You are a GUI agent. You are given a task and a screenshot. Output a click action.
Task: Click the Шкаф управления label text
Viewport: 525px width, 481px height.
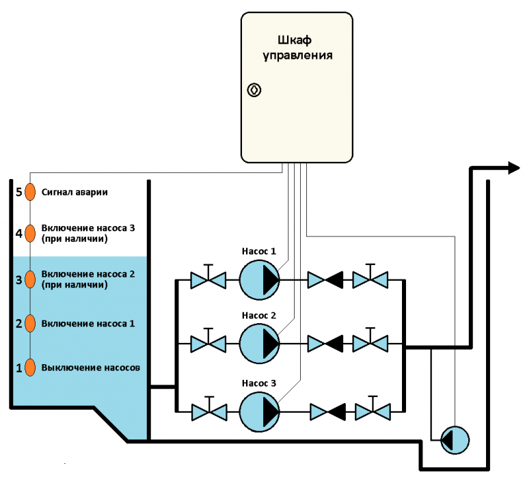tap(299, 47)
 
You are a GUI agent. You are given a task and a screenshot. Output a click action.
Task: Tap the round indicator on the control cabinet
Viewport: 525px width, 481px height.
tap(254, 90)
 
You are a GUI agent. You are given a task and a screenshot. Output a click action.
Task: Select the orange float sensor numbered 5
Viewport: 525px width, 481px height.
tap(30, 192)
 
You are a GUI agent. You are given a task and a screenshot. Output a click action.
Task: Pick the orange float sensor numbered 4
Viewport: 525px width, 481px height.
tap(30, 234)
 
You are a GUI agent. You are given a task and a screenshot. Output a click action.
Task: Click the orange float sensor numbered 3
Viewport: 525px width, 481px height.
tap(30, 279)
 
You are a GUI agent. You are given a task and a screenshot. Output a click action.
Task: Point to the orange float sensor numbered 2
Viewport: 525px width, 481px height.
tap(30, 323)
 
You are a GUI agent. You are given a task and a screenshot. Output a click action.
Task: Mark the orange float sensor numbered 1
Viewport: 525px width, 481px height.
tap(30, 367)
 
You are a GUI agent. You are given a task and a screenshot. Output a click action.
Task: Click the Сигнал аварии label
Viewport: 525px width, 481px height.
tap(75, 192)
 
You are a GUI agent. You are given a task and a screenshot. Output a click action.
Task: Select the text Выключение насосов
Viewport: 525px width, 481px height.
tap(91, 367)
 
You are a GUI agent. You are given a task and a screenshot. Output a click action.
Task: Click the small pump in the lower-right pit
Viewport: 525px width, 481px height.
tap(453, 439)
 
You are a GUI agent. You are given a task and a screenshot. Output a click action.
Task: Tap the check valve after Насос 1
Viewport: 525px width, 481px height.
tap(325, 279)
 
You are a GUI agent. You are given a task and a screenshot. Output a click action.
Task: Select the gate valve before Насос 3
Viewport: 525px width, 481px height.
tap(208, 411)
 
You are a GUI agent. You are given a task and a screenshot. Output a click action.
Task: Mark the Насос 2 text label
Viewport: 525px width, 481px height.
tap(259, 316)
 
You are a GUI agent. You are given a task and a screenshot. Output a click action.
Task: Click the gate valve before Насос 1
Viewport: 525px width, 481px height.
tap(208, 279)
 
